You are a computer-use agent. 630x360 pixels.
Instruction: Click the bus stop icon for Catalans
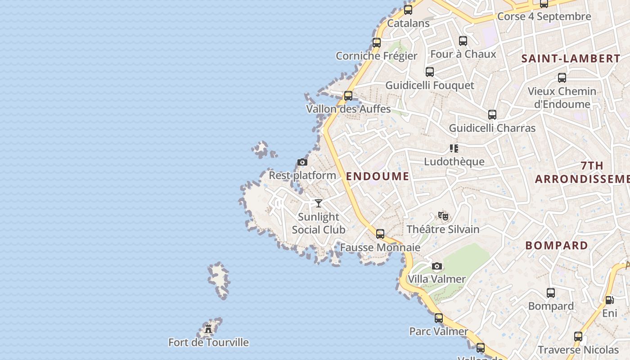pyautogui.click(x=408, y=9)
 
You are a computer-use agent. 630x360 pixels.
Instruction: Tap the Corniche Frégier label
pyautogui.click(x=377, y=56)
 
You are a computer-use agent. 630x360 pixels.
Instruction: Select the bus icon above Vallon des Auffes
pyautogui.click(x=348, y=95)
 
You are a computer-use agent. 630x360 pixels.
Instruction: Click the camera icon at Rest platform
pyautogui.click(x=302, y=162)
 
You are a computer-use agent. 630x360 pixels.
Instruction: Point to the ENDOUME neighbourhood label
pyautogui.click(x=378, y=176)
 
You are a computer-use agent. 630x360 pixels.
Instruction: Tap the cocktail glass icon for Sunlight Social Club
pyautogui.click(x=319, y=203)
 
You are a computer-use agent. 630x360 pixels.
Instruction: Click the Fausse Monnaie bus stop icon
pyautogui.click(x=380, y=234)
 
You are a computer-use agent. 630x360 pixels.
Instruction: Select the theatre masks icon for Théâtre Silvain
pyautogui.click(x=443, y=216)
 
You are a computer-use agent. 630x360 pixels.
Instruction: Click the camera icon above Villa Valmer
pyautogui.click(x=437, y=266)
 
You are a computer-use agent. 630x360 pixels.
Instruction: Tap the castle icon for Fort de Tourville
pyautogui.click(x=208, y=329)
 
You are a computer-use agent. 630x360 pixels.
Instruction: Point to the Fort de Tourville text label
pyautogui.click(x=208, y=342)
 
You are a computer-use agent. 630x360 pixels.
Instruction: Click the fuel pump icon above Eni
pyautogui.click(x=609, y=300)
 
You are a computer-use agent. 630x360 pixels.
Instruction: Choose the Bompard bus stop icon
pyautogui.click(x=551, y=293)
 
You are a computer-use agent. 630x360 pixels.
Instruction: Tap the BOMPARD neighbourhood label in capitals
pyautogui.click(x=557, y=246)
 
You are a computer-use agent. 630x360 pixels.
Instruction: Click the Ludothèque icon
pyautogui.click(x=454, y=148)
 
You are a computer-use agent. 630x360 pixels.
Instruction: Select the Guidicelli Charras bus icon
pyautogui.click(x=492, y=115)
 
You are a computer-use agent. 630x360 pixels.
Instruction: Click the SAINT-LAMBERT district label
pyautogui.click(x=571, y=58)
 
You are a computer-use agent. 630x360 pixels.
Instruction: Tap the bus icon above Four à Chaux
pyautogui.click(x=463, y=41)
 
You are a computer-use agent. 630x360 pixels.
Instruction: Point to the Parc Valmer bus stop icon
pyautogui.click(x=439, y=318)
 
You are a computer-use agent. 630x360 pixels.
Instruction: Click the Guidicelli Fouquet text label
pyautogui.click(x=430, y=85)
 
